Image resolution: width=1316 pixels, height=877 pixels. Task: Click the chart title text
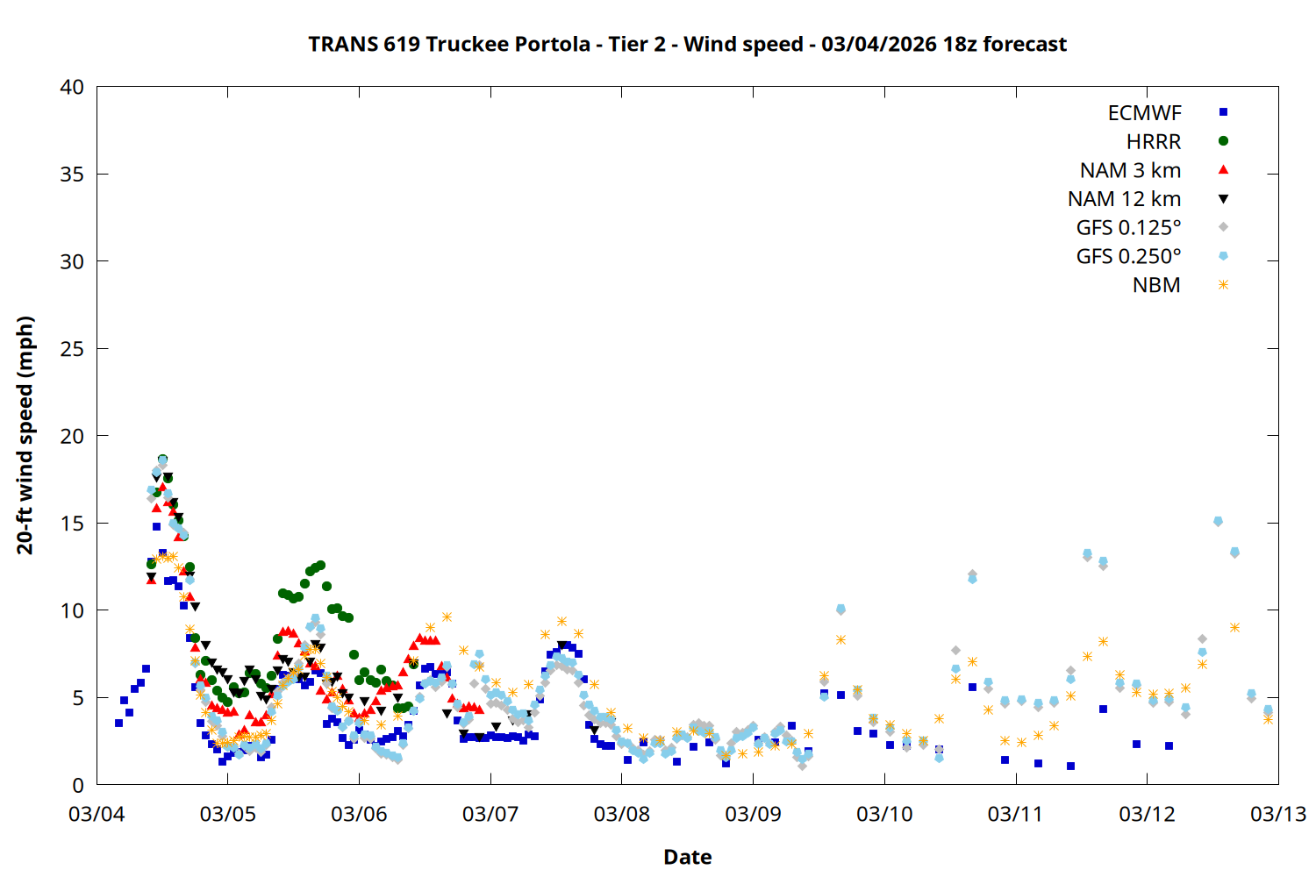click(687, 44)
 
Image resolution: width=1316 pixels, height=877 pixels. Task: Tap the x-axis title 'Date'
click(687, 857)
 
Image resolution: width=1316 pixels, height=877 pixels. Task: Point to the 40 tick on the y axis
click(72, 87)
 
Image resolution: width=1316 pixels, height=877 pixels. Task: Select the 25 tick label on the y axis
click(72, 349)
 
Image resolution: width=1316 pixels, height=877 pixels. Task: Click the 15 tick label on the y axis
click(72, 524)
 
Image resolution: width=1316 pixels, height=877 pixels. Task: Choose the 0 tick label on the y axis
click(78, 785)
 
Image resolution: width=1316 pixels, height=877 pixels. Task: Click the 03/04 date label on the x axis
click(97, 814)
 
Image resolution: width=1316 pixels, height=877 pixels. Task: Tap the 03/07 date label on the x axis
click(490, 814)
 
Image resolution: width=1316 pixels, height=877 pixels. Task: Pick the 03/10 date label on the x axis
click(884, 814)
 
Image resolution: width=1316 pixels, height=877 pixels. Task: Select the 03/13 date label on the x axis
click(1277, 814)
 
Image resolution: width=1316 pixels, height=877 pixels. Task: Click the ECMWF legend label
click(1144, 113)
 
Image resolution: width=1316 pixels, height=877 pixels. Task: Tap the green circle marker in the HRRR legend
click(1223, 141)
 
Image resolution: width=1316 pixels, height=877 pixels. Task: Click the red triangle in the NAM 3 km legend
click(1223, 169)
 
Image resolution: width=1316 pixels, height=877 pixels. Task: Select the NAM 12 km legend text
click(1124, 199)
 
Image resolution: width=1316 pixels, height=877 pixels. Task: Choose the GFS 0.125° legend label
click(1128, 228)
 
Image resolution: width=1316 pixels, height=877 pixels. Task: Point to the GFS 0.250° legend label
click(1128, 257)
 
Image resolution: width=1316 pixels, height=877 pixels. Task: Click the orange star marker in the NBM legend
click(1223, 285)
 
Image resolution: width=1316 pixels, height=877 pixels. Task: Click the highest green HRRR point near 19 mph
click(162, 460)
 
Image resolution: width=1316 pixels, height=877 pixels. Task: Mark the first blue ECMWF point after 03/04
click(118, 723)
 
